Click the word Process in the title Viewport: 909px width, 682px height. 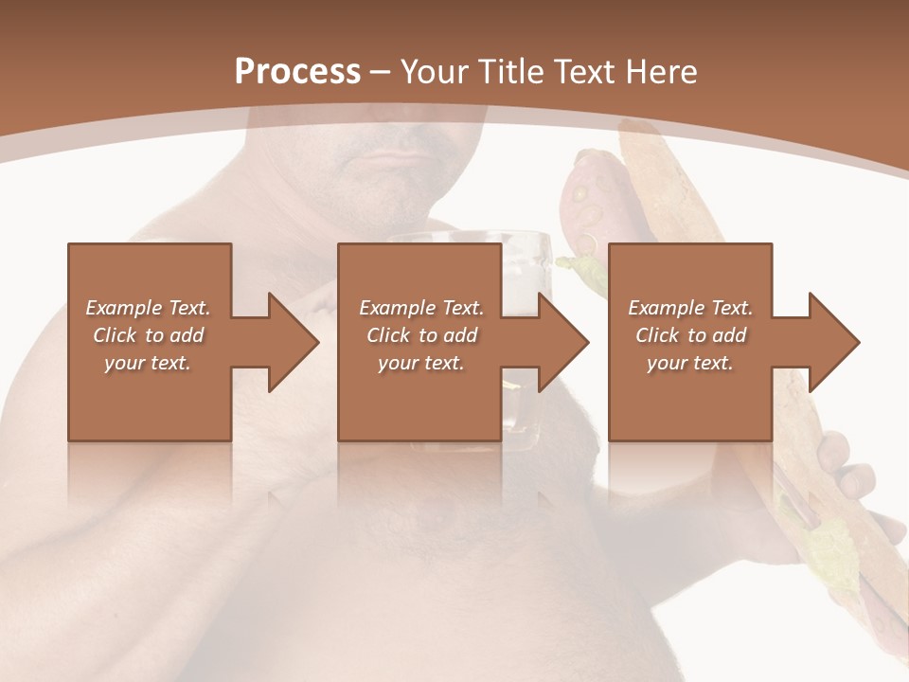point(297,72)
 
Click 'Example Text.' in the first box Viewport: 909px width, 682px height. point(148,308)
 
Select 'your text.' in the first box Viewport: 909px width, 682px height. point(148,363)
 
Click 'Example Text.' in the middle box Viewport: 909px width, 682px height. point(421,308)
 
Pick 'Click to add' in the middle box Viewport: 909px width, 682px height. point(421,335)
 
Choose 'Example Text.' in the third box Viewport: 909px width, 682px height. point(690,308)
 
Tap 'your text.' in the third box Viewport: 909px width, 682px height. point(690,363)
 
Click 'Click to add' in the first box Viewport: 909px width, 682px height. point(148,335)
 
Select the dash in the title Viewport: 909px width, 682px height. point(381,73)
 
